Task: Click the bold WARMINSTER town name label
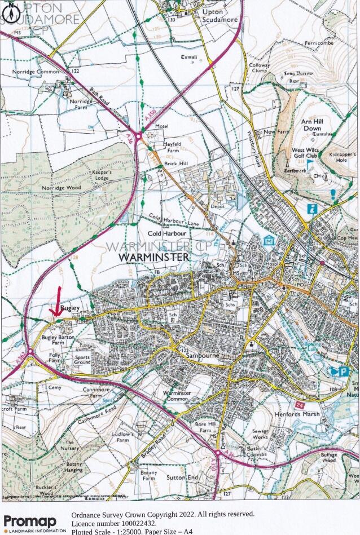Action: click(x=154, y=257)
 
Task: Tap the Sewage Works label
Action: click(x=260, y=434)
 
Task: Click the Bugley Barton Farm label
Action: click(x=54, y=339)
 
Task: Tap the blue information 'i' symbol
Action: click(x=311, y=209)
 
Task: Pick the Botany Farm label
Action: click(x=149, y=475)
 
